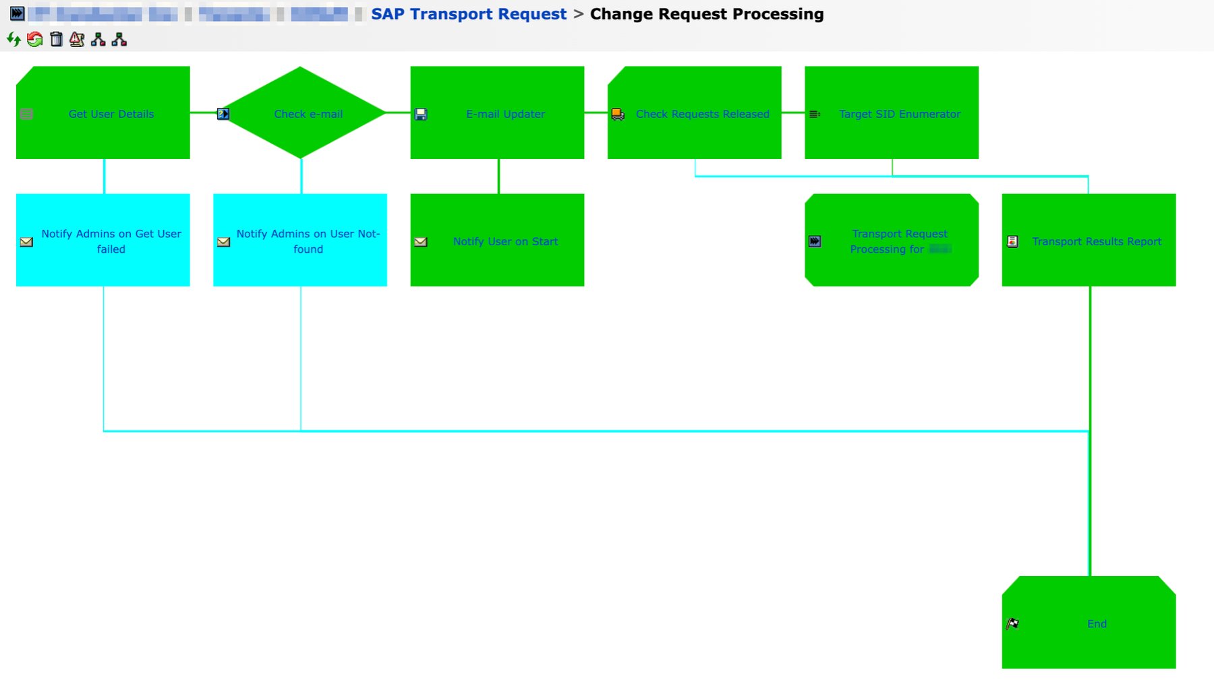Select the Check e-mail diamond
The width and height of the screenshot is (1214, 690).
[x=308, y=114]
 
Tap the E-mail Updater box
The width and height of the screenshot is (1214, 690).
[x=504, y=114]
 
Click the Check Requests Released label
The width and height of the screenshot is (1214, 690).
[x=702, y=114]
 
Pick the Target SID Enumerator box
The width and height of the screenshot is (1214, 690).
[x=899, y=114]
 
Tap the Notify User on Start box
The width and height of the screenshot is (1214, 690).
[x=504, y=241]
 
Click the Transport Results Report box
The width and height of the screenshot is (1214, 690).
[x=1096, y=241]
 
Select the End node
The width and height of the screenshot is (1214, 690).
[x=1096, y=623]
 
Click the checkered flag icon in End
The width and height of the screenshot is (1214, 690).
[x=1012, y=623]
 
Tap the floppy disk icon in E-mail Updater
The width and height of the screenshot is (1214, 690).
[x=421, y=114]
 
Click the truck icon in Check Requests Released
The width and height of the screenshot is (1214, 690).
[x=618, y=114]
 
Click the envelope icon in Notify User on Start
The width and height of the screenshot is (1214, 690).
[x=421, y=241]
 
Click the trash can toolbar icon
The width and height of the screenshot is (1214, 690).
[x=57, y=40]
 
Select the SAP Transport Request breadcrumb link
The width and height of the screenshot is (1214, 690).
[x=469, y=14]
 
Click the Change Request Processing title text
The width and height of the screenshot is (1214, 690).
[x=706, y=14]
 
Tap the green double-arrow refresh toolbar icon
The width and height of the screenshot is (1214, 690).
[x=13, y=40]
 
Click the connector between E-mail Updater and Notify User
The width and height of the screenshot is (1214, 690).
[x=498, y=177]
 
